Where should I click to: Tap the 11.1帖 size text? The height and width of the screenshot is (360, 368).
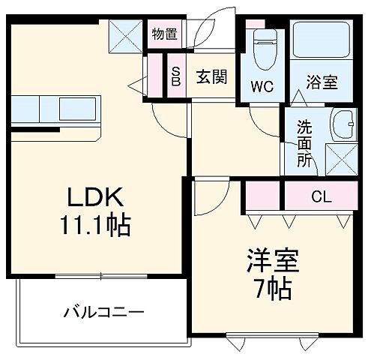[x=97, y=224]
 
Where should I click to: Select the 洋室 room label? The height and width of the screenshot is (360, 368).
[x=274, y=262]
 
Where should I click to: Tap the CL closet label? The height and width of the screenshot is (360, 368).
[x=322, y=196]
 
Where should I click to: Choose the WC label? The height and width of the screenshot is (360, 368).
[x=262, y=84]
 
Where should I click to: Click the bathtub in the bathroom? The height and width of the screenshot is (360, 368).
[x=322, y=42]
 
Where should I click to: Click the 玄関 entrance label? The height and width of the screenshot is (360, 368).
[x=211, y=76]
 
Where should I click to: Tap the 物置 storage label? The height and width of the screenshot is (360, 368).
[x=164, y=33]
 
